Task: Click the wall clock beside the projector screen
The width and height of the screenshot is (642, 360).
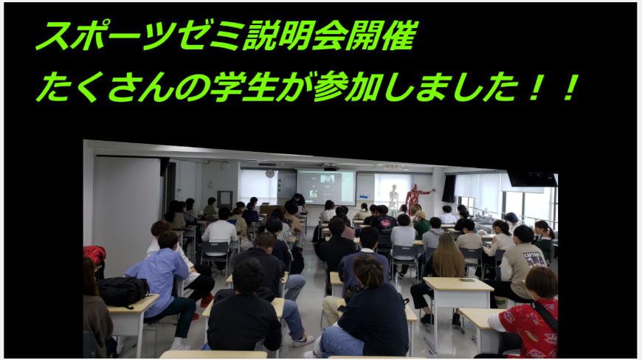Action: [269, 173]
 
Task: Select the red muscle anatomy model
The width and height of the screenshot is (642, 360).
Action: [416, 198]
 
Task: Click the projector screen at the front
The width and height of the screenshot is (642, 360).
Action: [326, 187]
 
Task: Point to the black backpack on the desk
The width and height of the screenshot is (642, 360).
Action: [122, 291]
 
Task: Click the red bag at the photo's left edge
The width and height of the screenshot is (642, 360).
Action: [94, 256]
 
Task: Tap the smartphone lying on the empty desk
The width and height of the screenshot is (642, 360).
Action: [466, 280]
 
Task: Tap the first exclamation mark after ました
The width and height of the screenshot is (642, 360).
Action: [534, 87]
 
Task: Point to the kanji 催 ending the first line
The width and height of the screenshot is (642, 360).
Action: [400, 35]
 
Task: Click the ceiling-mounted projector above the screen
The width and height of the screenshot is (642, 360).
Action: [331, 167]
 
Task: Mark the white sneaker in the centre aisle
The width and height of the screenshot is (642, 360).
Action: [303, 340]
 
